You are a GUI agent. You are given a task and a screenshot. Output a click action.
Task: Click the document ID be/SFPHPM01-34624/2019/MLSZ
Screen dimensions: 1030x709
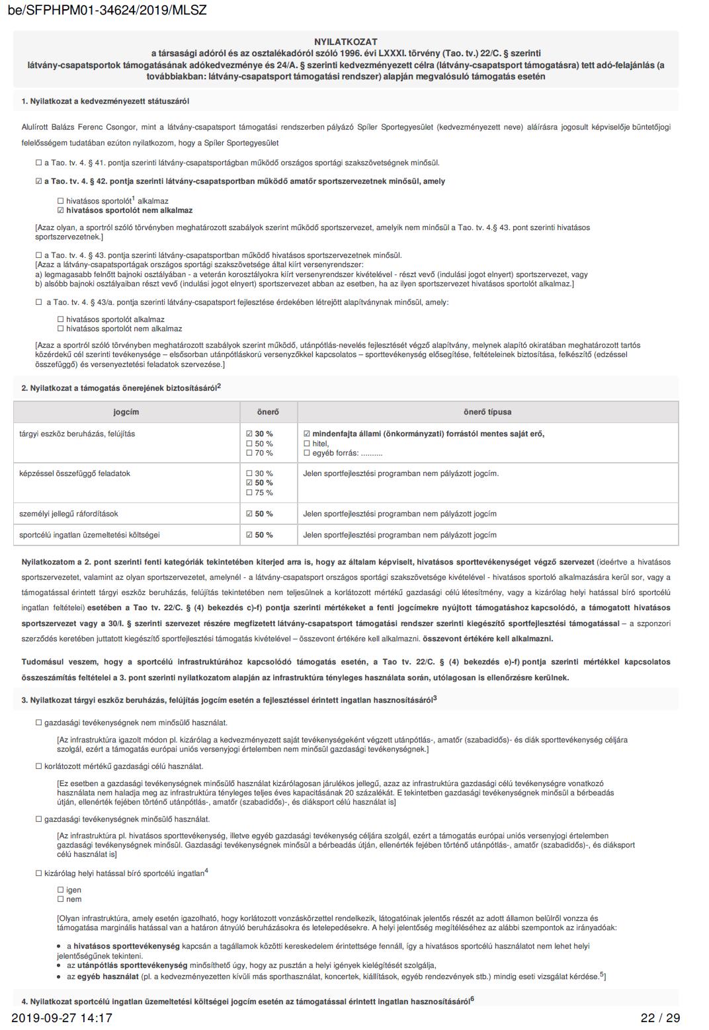(x=108, y=10)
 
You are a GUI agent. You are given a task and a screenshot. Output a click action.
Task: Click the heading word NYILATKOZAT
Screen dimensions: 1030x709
(x=346, y=42)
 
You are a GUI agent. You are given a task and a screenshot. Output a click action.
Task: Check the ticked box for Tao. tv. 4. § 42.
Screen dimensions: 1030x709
(x=39, y=181)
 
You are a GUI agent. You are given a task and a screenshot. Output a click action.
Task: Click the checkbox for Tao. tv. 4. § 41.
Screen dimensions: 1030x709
(x=39, y=163)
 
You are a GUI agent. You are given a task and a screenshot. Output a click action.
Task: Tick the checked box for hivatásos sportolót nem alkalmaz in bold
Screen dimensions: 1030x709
(x=61, y=210)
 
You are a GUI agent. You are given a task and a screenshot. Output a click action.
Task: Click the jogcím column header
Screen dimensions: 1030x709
(x=126, y=412)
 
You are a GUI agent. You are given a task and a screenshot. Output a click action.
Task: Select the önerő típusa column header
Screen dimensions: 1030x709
(x=487, y=412)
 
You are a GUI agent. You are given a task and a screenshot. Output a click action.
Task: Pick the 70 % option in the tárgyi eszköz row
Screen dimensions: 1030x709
(x=249, y=453)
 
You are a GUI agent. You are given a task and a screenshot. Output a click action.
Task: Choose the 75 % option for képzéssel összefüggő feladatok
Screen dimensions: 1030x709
(x=249, y=493)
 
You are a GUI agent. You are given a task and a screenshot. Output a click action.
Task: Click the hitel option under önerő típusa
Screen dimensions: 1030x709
(x=306, y=444)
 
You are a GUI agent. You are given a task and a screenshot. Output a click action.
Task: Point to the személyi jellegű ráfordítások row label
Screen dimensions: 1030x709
(x=69, y=514)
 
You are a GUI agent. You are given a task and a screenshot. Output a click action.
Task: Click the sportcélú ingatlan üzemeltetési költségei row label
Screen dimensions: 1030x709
(x=89, y=535)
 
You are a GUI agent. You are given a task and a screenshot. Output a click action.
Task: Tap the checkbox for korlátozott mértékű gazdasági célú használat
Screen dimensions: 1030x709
(x=39, y=766)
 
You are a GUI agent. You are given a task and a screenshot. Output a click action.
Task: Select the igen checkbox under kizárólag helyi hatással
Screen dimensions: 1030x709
(x=61, y=890)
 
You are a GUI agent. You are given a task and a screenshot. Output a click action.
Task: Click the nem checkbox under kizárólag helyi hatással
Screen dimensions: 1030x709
(x=61, y=899)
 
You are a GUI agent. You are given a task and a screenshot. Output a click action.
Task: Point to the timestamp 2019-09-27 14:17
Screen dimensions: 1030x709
(x=62, y=1018)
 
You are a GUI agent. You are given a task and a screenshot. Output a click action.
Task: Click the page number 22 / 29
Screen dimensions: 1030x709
(x=659, y=1018)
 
